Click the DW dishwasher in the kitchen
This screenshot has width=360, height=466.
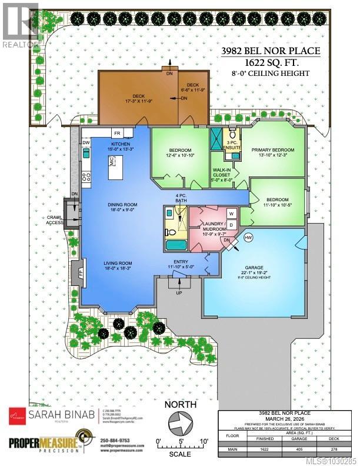[x=86, y=143]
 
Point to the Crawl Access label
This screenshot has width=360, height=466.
[x=55, y=220]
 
